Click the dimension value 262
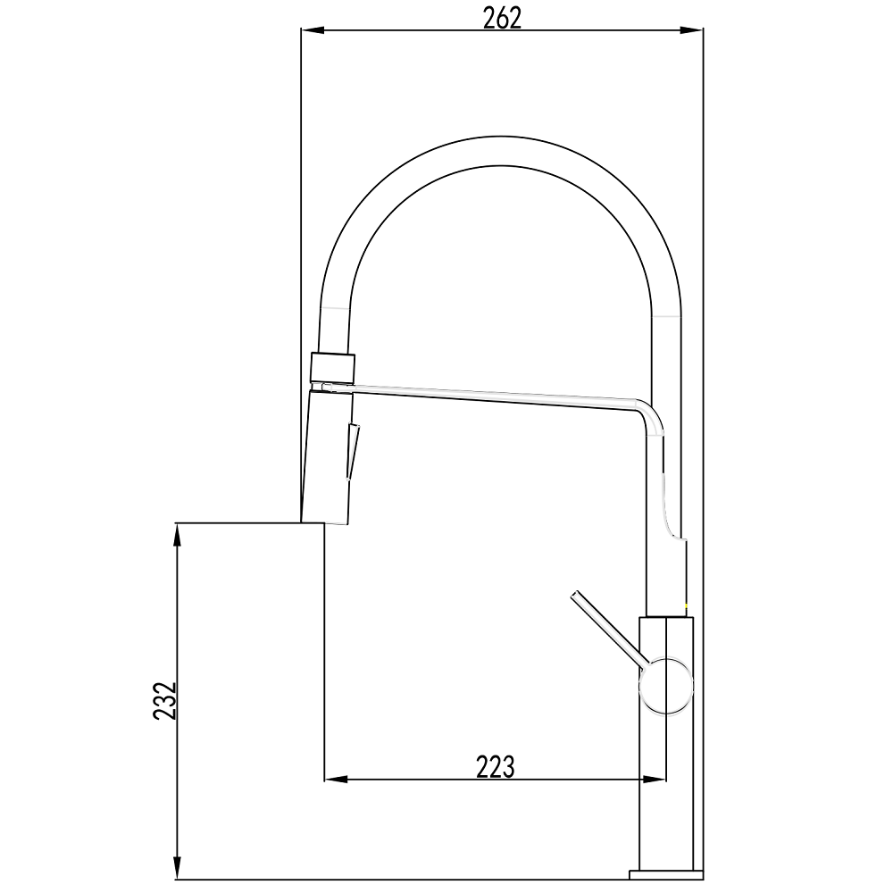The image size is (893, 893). coord(502,20)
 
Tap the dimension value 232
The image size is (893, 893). coord(166,701)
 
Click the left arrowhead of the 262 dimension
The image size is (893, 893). coord(312,30)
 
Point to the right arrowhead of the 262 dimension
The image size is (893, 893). coord(691,30)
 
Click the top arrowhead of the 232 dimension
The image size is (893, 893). coord(178,535)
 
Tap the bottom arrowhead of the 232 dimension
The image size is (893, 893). coord(178,868)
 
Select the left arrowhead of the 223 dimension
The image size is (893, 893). coord(336,779)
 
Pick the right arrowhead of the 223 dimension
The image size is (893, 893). coord(654,779)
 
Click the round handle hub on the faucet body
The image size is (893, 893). coord(666,686)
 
